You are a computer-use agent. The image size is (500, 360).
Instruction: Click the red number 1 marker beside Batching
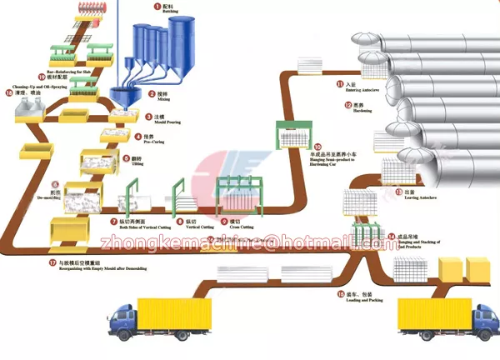coord(153,7)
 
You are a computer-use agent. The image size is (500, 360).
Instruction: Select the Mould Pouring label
coord(162,123)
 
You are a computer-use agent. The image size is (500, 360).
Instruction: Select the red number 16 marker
coord(340,293)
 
